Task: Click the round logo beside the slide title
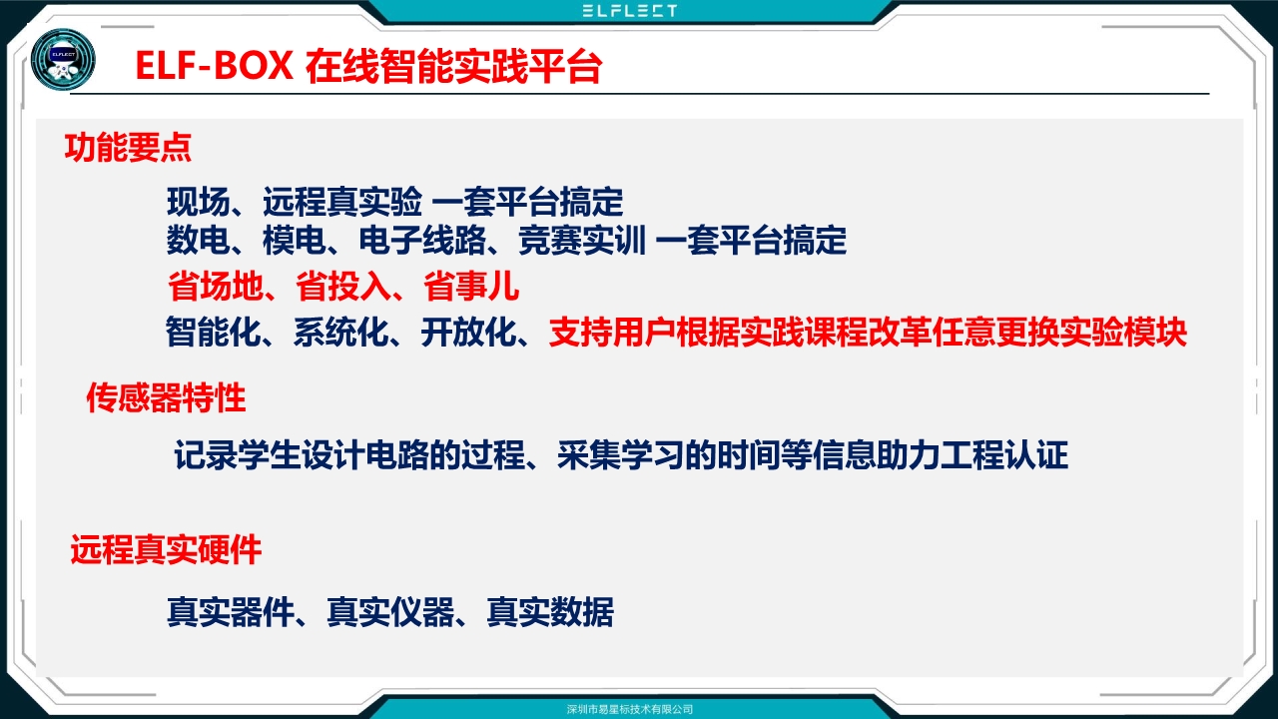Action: point(63,59)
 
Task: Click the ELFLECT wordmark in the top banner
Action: point(630,11)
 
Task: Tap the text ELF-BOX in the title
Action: point(215,66)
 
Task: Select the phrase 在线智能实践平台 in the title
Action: point(453,66)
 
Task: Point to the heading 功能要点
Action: point(128,148)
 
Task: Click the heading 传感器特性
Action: point(166,397)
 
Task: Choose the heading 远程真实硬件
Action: point(166,549)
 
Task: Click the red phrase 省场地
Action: point(215,286)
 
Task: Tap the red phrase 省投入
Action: point(342,286)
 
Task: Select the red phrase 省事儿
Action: point(471,286)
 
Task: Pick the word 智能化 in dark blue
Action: point(214,332)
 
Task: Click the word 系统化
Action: point(341,332)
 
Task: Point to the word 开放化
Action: point(469,332)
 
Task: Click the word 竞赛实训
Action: point(582,240)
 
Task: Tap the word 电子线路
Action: point(422,240)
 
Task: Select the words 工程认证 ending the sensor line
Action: point(1004,454)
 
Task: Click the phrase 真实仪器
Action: point(390,612)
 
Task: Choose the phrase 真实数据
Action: point(550,612)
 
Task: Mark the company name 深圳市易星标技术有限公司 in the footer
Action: point(630,709)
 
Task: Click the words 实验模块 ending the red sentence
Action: point(1124,332)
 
